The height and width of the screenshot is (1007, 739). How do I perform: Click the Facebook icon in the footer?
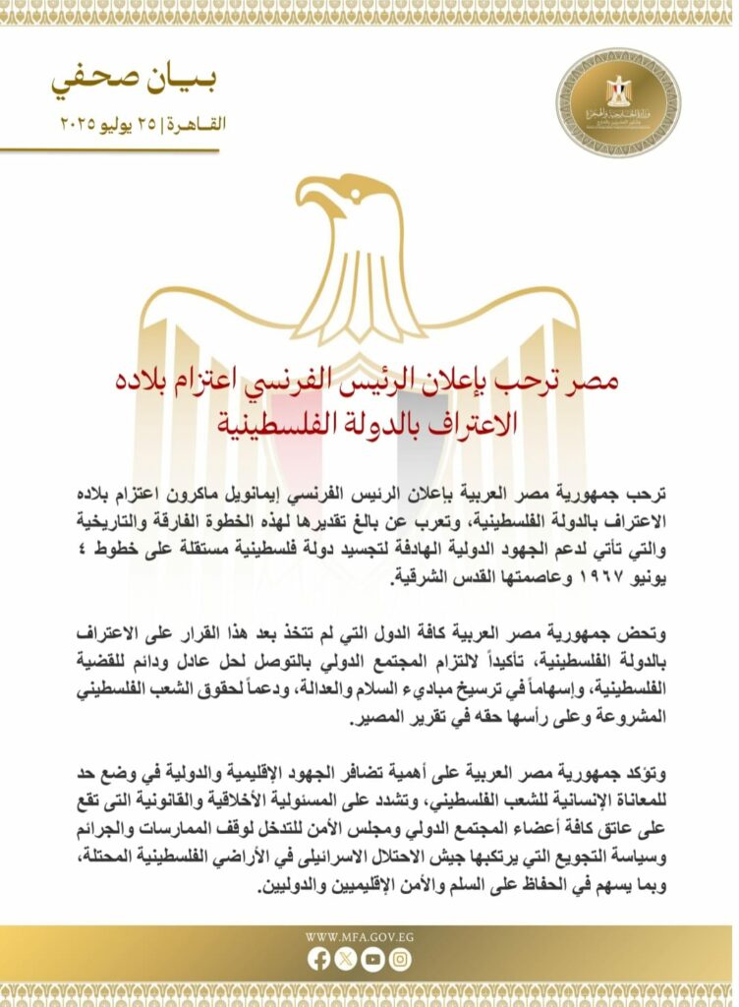point(319,959)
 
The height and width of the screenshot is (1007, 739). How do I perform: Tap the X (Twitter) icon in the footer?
point(345,959)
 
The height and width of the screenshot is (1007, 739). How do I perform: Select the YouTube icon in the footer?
point(371,959)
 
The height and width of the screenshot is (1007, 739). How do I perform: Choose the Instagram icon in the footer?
point(399,959)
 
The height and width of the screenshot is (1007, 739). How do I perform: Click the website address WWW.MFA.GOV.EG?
point(360,936)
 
